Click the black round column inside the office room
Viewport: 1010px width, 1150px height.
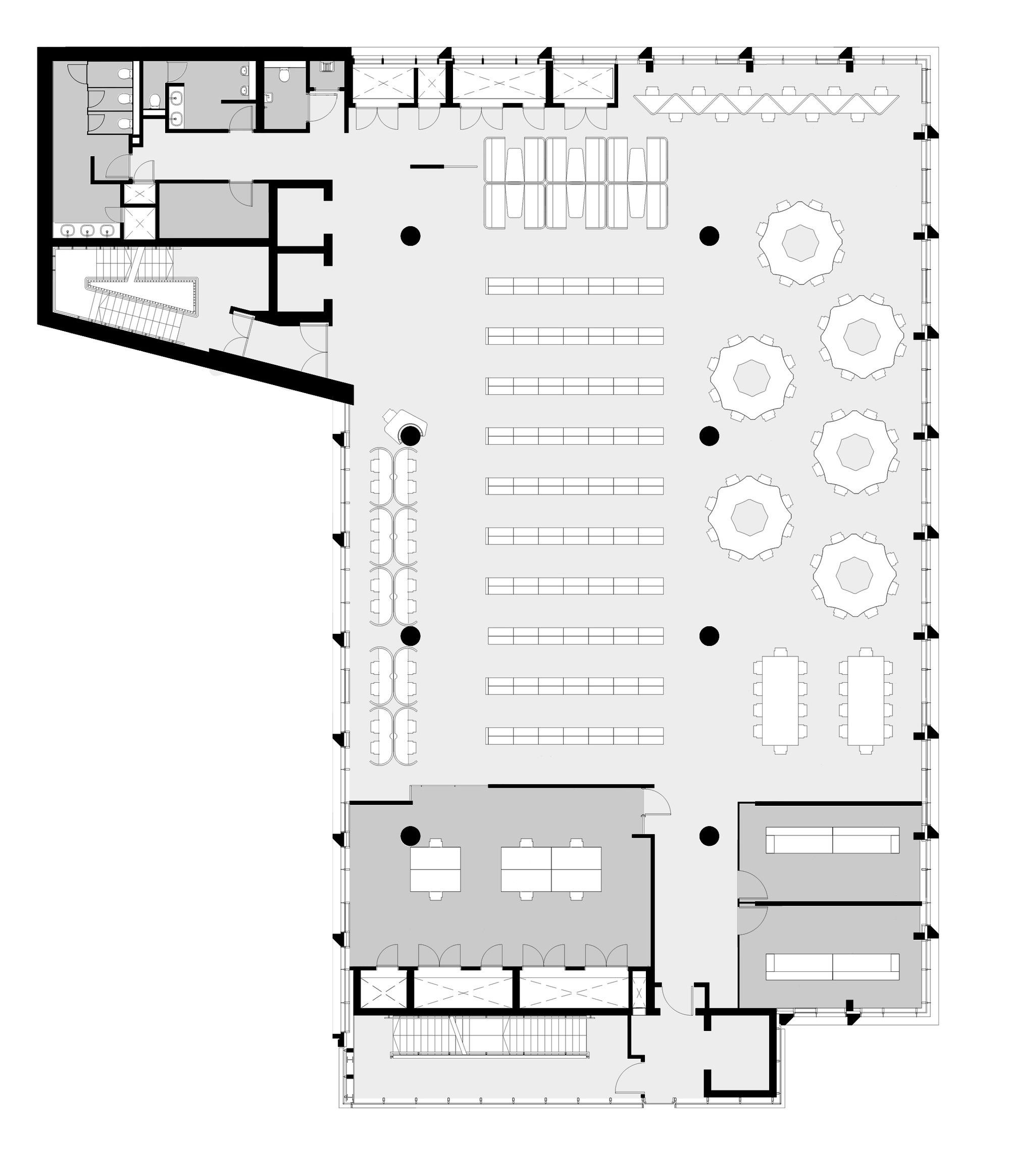coord(411,836)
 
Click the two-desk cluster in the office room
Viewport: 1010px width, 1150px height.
coord(435,869)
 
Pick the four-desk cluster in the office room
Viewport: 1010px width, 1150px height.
coord(550,869)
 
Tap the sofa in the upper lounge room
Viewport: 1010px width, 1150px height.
coord(832,840)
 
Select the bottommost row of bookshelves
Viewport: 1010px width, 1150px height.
coord(574,735)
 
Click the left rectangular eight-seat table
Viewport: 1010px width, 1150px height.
coord(780,699)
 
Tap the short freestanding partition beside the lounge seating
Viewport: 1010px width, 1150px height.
coord(427,167)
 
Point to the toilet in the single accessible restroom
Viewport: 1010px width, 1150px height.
coord(285,75)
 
